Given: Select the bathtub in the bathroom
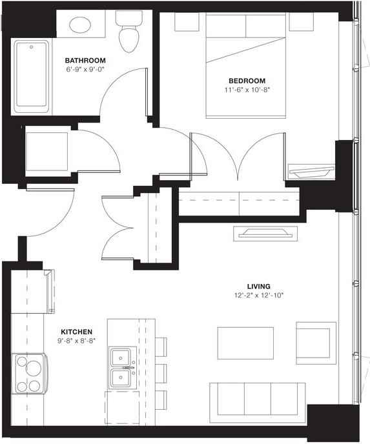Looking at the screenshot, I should click(x=30, y=75).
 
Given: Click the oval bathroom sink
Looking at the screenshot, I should click(x=81, y=26).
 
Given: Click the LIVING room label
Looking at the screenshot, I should click(x=258, y=285).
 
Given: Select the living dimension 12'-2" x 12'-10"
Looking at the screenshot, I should click(x=258, y=295).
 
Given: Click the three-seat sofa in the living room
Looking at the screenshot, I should click(x=257, y=399).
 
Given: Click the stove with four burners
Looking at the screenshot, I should click(x=28, y=374).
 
